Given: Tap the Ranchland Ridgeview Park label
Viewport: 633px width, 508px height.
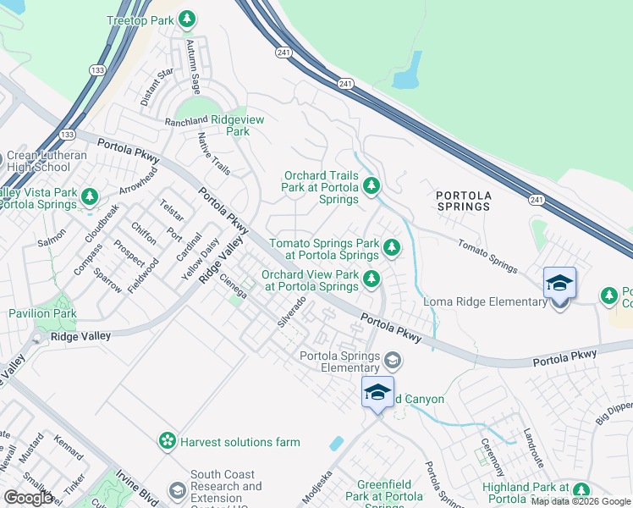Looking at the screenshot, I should (x=215, y=125).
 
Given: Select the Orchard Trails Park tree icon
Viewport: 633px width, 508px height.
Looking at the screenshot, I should (x=370, y=185).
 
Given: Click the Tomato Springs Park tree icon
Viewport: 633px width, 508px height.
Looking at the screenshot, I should (x=391, y=247).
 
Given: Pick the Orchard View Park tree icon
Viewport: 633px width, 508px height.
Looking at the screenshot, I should (x=371, y=279).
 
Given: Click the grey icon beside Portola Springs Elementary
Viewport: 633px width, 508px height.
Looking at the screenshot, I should (x=392, y=361).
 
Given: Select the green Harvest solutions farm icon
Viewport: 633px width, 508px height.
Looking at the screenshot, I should (x=168, y=441).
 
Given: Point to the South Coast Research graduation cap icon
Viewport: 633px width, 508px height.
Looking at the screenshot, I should (x=177, y=491).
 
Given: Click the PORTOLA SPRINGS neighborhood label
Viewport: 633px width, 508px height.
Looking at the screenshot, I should (x=463, y=201).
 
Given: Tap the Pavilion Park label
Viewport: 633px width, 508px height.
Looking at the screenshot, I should (x=42, y=313).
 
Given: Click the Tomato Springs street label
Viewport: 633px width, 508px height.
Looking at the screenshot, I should (x=487, y=256).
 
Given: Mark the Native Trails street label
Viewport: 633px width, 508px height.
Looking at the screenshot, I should (x=213, y=153).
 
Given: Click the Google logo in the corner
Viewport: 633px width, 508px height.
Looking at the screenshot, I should (x=28, y=498).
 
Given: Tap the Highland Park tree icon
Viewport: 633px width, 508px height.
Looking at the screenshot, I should (x=581, y=489).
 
